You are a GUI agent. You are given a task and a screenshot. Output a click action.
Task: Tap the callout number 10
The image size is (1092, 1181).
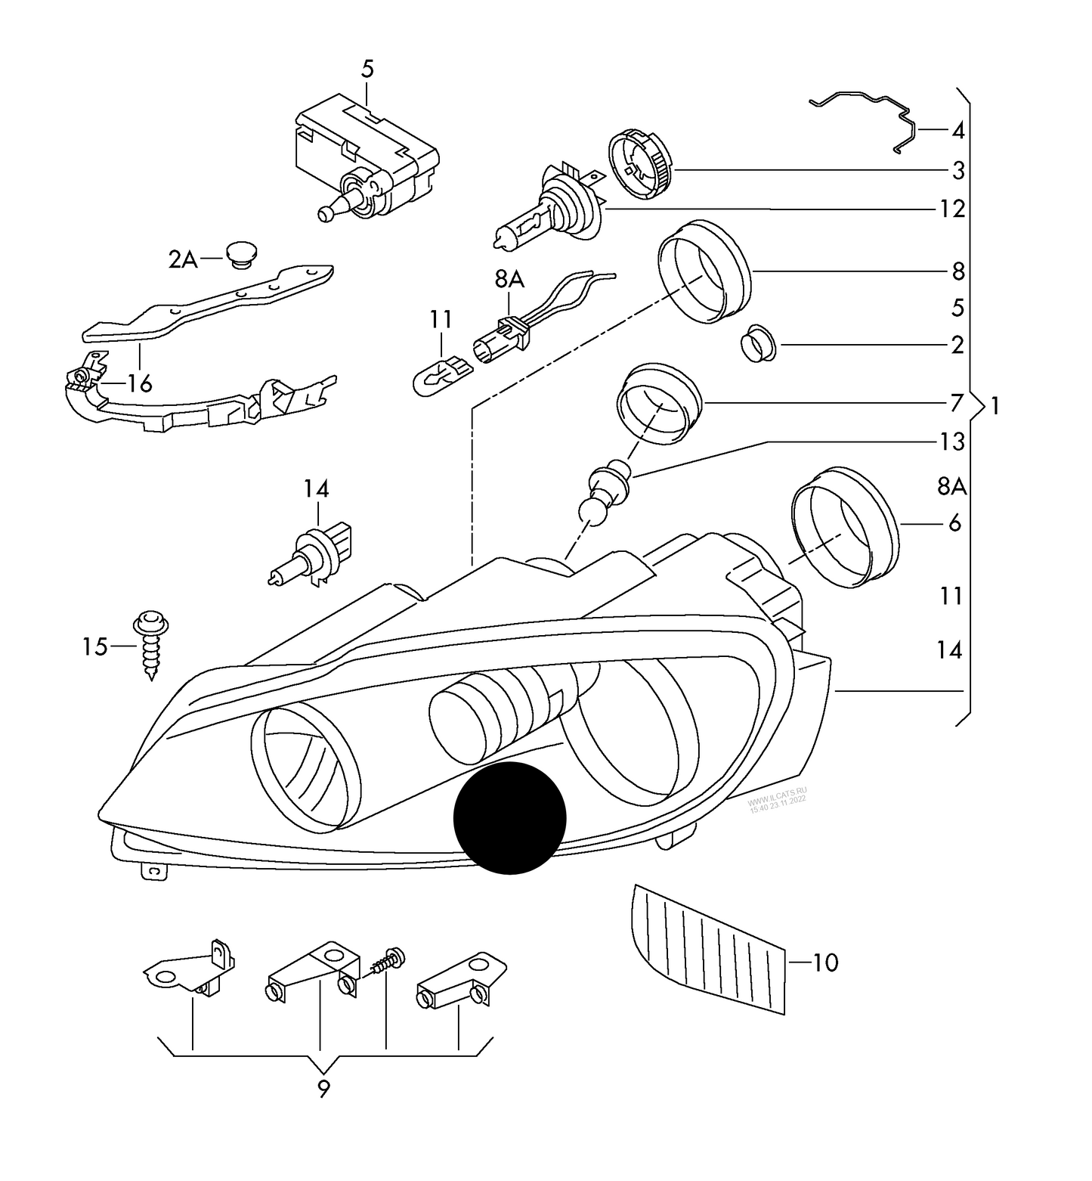[826, 962]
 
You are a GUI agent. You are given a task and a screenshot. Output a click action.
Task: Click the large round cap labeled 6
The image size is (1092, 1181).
[844, 526]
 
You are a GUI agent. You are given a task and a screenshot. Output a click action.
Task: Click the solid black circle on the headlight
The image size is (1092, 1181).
[509, 818]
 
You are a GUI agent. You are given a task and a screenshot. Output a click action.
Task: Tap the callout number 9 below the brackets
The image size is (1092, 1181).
[323, 1090]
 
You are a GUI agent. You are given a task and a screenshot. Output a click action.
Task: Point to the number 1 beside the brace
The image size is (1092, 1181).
[995, 407]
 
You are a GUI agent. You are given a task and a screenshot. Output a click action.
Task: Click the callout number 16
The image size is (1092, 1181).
[139, 383]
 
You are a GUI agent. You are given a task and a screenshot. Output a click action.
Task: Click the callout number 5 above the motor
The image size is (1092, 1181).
[367, 70]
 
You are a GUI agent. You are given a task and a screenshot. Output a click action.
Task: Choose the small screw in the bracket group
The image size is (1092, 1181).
[388, 960]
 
